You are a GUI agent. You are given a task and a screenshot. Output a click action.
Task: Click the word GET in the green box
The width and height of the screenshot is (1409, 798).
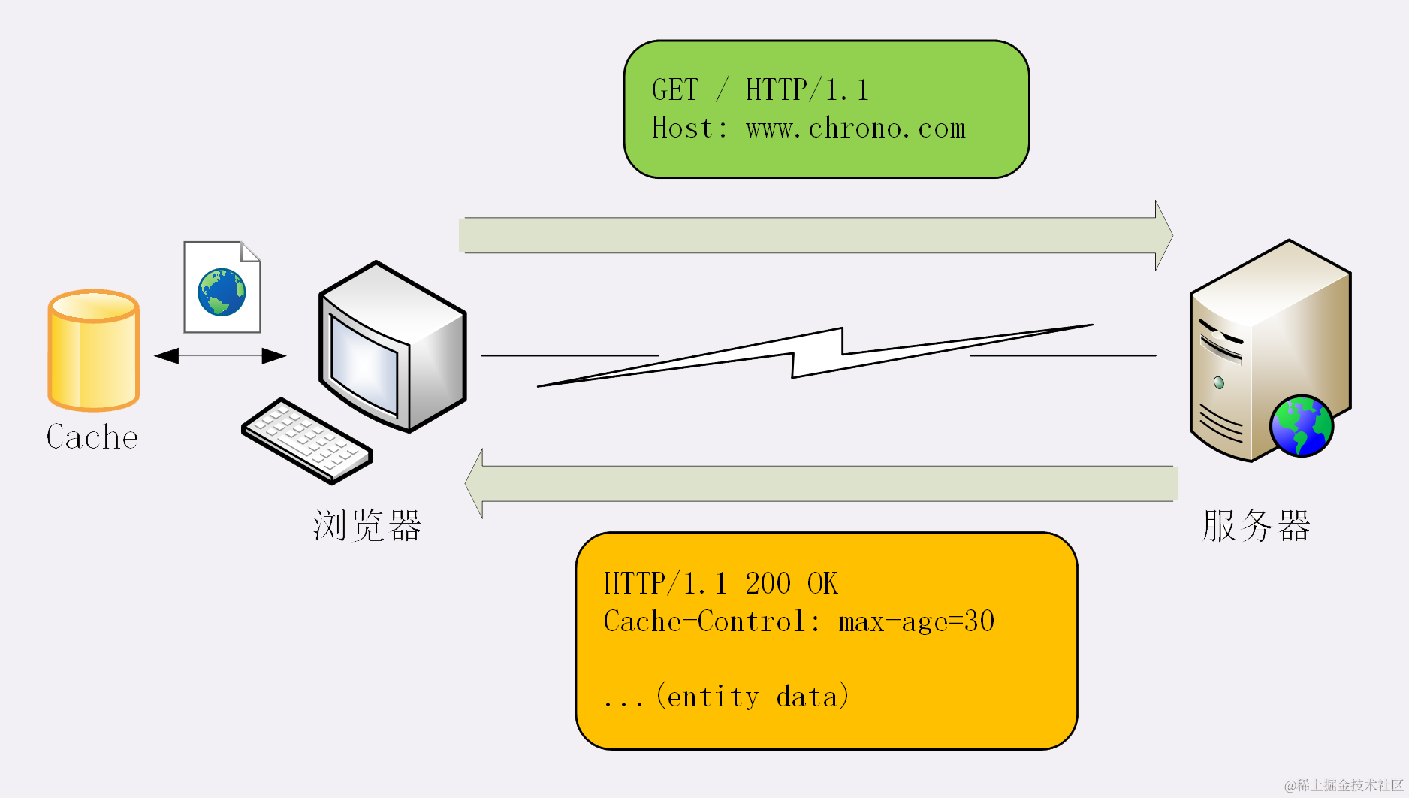pyautogui.click(x=674, y=90)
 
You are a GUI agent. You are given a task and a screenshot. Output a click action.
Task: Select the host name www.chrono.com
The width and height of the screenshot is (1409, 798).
pyautogui.click(x=855, y=128)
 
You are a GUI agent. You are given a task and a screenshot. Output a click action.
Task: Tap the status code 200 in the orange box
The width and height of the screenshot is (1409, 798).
pyautogui.click(x=768, y=584)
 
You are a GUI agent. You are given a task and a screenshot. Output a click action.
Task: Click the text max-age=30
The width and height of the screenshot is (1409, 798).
pyautogui.click(x=916, y=622)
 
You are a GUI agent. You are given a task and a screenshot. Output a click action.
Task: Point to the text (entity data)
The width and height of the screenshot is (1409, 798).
pyautogui.click(x=753, y=697)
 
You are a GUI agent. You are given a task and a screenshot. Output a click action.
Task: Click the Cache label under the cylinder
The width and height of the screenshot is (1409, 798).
pyautogui.click(x=92, y=437)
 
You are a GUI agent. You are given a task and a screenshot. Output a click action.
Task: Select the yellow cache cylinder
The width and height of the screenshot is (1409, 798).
pyautogui.click(x=94, y=351)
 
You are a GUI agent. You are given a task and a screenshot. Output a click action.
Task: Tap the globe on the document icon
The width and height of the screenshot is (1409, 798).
pyautogui.click(x=222, y=292)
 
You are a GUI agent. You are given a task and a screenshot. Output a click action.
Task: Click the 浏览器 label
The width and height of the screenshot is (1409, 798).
pyautogui.click(x=367, y=525)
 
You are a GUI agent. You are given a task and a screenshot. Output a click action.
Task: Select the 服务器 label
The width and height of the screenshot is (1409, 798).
pyautogui.click(x=1256, y=525)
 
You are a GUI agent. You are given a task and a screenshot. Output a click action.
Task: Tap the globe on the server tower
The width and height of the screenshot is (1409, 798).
pyautogui.click(x=1301, y=426)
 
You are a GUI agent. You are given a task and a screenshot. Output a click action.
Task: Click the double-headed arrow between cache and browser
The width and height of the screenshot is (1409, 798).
pyautogui.click(x=220, y=355)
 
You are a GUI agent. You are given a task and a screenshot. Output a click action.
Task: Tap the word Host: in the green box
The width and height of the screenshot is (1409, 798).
pyautogui.click(x=689, y=128)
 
